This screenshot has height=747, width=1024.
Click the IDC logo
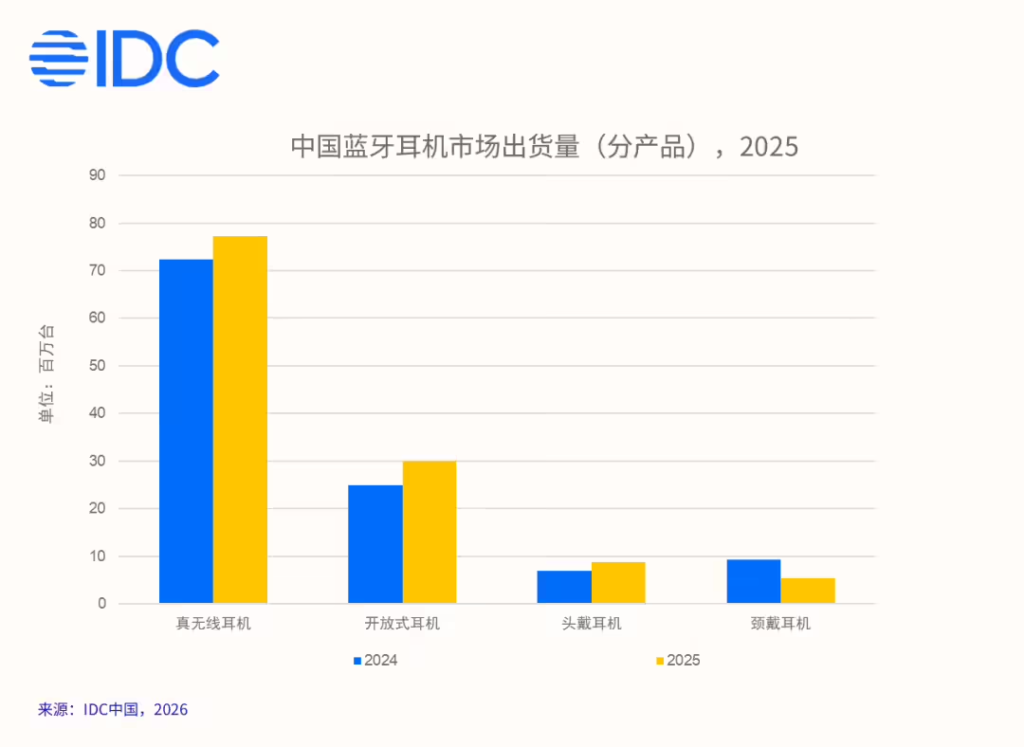pyautogui.click(x=124, y=58)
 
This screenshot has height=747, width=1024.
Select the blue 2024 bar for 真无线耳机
pyautogui.click(x=186, y=431)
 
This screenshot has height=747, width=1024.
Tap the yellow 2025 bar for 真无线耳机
pyautogui.click(x=240, y=420)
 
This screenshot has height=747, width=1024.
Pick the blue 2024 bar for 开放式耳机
pyautogui.click(x=375, y=544)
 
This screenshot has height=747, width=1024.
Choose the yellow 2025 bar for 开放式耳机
pyautogui.click(x=430, y=532)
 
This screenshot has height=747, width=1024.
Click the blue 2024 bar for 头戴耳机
pyautogui.click(x=564, y=587)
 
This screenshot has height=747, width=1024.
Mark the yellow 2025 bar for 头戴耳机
pyautogui.click(x=618, y=583)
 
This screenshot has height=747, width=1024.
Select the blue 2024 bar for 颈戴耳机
pyautogui.click(x=753, y=581)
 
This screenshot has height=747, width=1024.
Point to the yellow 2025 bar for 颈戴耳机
pyautogui.click(x=808, y=591)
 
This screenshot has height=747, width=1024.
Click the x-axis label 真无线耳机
pyautogui.click(x=213, y=624)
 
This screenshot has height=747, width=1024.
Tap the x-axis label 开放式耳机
pyautogui.click(x=402, y=624)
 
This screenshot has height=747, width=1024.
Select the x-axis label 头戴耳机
pyautogui.click(x=591, y=624)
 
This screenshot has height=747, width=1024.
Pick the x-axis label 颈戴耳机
pyautogui.click(x=780, y=624)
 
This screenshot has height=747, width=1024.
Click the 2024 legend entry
pyautogui.click(x=375, y=660)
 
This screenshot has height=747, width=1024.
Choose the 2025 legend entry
pyautogui.click(x=677, y=660)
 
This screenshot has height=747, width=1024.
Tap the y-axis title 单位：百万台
pyautogui.click(x=46, y=373)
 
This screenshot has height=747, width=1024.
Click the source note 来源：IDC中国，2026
pyautogui.click(x=113, y=709)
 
